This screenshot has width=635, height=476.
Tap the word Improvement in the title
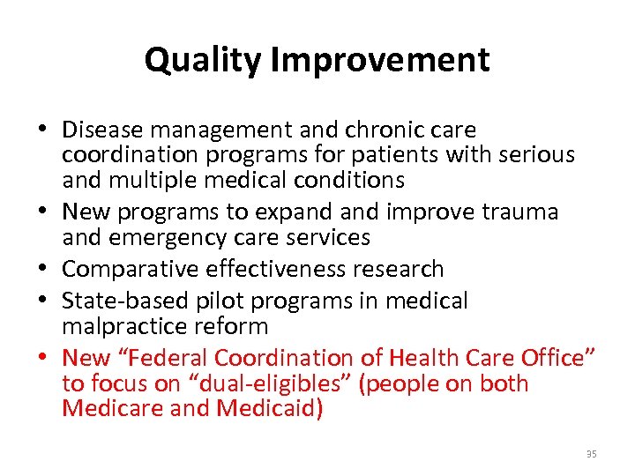pos(381,60)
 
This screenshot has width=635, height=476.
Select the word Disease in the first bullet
pos(101,130)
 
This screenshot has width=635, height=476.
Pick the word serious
pos(534,156)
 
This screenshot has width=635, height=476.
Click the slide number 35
pos(591,454)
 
